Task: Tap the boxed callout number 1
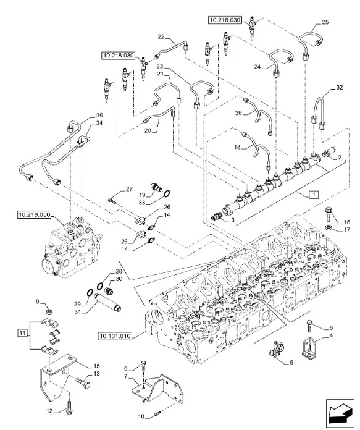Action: click(315, 194)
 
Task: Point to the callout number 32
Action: click(339, 88)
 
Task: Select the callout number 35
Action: click(99, 116)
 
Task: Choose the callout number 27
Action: click(128, 188)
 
